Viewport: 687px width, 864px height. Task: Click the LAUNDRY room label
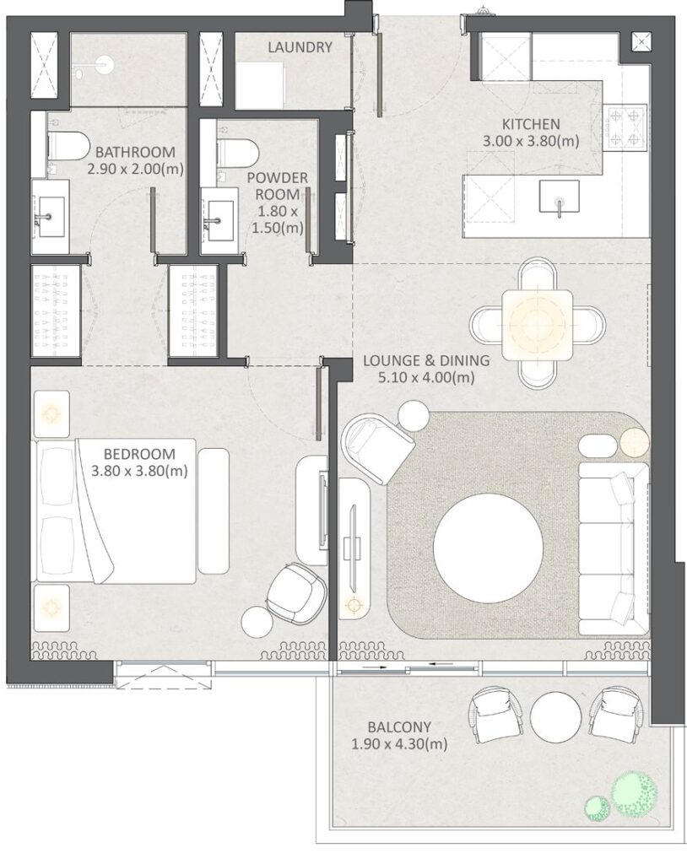pyautogui.click(x=300, y=47)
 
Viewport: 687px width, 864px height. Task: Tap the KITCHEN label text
pyautogui.click(x=518, y=124)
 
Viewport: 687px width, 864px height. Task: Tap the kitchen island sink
pyautogui.click(x=558, y=197)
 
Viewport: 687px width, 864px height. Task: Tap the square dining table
pyautogui.click(x=537, y=323)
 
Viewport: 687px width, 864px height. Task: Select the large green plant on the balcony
pyautogui.click(x=635, y=794)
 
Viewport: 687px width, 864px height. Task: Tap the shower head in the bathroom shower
pyautogui.click(x=104, y=65)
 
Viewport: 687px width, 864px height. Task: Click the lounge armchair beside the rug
pyautogui.click(x=378, y=447)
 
